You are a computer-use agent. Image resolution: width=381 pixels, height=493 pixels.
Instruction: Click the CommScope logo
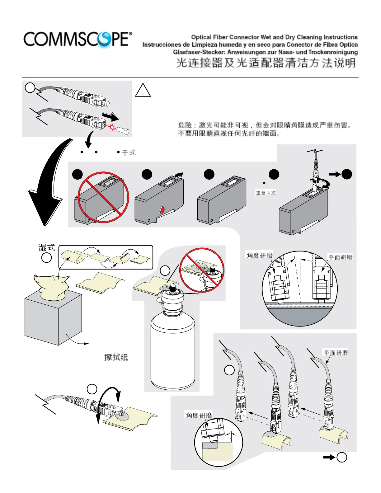78,40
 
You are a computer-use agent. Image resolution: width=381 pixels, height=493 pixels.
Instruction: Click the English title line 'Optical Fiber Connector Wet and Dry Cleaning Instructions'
274,37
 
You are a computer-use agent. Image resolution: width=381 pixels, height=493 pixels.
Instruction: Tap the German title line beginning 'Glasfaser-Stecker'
265,52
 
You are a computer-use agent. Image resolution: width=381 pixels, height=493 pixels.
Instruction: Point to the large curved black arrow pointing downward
50,184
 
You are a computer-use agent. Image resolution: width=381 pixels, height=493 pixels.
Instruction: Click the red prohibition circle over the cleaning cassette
103,197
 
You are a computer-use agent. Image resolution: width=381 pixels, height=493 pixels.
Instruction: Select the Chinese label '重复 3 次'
266,193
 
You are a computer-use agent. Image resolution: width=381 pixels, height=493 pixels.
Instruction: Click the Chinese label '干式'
129,153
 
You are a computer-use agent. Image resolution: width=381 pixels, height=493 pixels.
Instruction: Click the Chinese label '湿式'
47,248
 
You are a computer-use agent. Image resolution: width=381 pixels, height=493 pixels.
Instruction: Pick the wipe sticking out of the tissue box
51,286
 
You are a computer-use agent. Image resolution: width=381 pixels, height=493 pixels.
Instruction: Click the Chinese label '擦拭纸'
116,357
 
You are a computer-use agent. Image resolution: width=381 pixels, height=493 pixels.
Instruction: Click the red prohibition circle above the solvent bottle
202,270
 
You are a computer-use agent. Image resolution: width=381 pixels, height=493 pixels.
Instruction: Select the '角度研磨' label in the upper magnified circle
260,256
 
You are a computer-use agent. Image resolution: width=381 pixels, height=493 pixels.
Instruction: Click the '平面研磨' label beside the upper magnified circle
341,257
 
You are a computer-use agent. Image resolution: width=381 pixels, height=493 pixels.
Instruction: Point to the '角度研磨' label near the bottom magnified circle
199,415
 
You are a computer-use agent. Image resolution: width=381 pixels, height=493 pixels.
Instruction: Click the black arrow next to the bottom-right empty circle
329,457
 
